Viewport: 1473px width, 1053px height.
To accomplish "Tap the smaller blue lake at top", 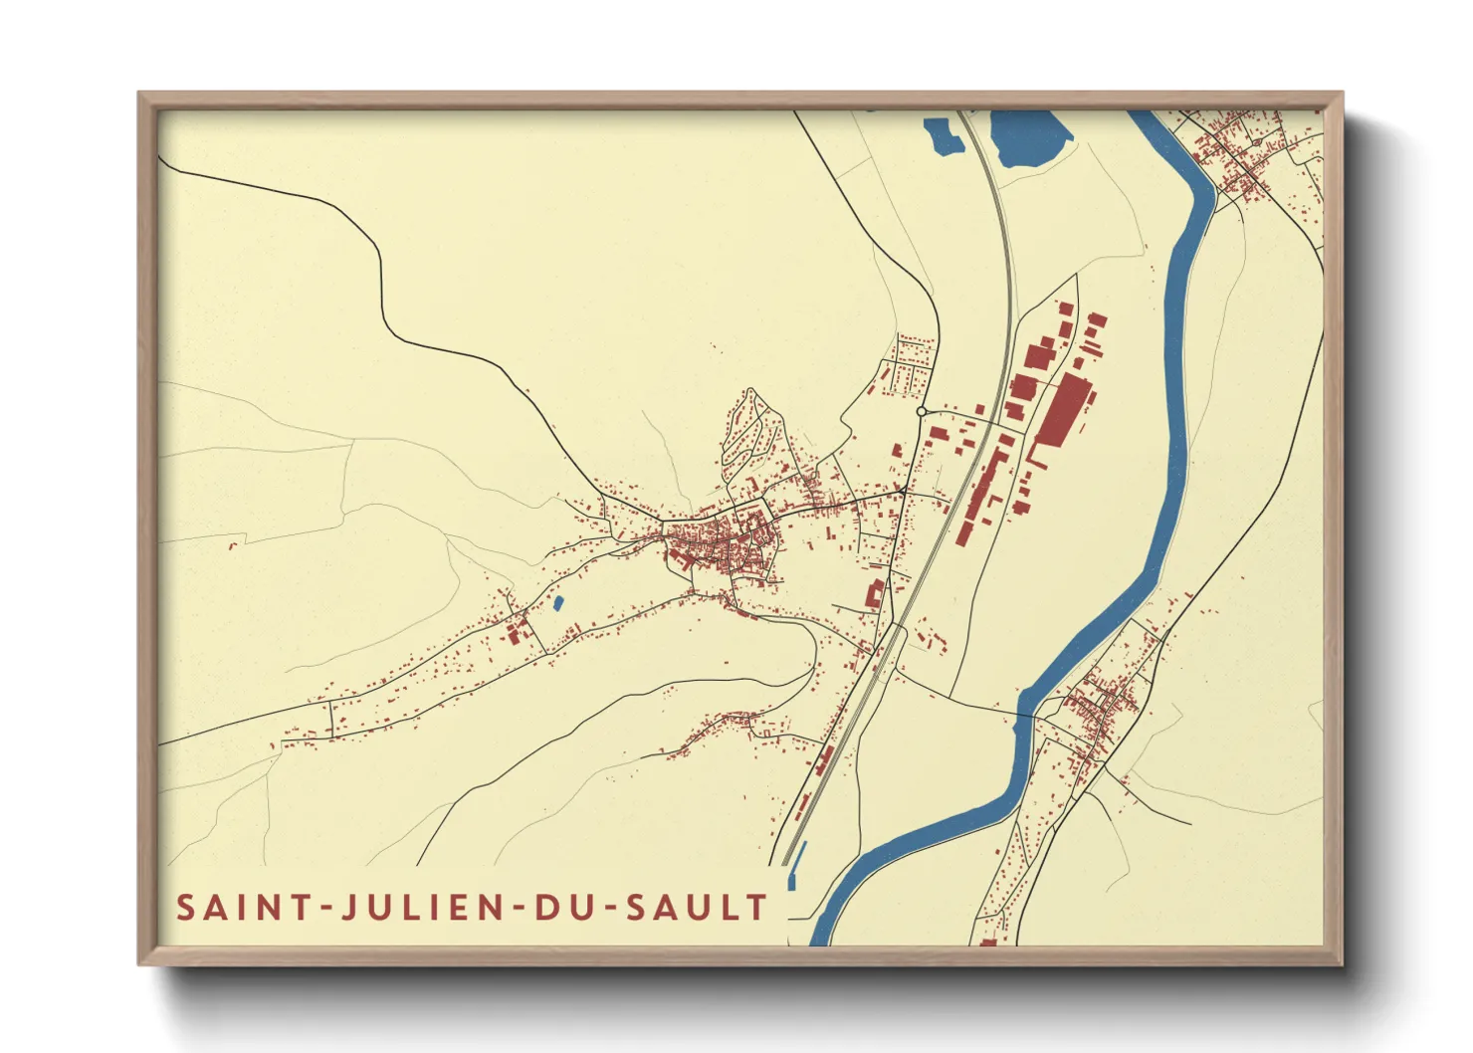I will tap(944, 136).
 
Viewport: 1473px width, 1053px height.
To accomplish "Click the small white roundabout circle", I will tap(922, 411).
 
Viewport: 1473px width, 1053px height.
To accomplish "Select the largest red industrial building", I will tap(1061, 409).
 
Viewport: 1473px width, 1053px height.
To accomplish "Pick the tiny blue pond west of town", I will tap(557, 602).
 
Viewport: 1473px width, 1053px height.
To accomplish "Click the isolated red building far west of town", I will tap(234, 544).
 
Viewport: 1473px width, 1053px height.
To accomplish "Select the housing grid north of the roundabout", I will tap(911, 363).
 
